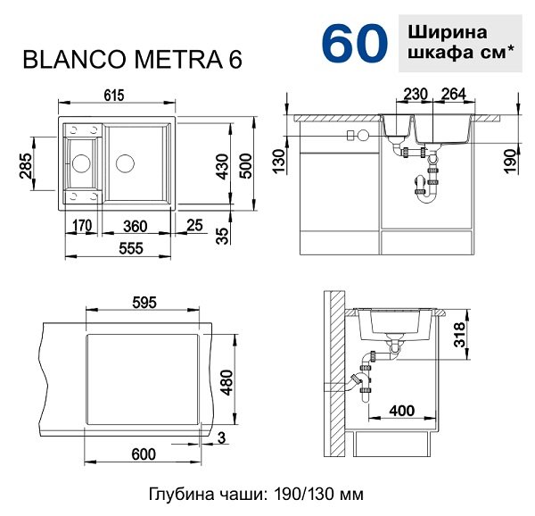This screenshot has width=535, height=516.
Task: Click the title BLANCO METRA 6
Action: pos(132,60)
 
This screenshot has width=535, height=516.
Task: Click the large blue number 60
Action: pos(355,44)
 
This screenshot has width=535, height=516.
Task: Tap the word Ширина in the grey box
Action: pos(448,33)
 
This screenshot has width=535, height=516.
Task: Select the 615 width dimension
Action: pos(114,96)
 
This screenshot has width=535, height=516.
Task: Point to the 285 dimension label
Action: pos(26,166)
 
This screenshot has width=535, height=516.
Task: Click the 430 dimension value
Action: pos(223,166)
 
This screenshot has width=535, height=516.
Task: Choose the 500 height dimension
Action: pos(246,166)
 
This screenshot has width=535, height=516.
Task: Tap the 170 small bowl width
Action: pos(82,225)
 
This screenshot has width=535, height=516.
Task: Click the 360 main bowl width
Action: pos(136,226)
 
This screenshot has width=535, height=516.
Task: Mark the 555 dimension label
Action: pos(131,248)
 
